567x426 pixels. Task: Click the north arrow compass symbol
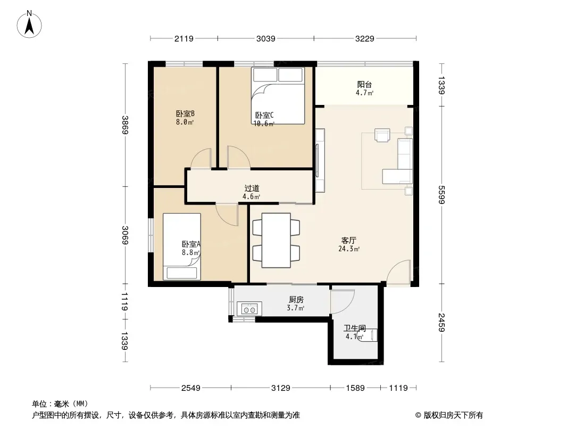pyautogui.click(x=29, y=24)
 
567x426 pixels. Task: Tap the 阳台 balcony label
pyautogui.click(x=364, y=84)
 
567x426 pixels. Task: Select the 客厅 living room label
pyautogui.click(x=348, y=240)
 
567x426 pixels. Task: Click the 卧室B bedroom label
pyautogui.click(x=185, y=113)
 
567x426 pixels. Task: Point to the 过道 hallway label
pyautogui.click(x=252, y=188)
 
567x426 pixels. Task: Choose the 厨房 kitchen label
pyautogui.click(x=296, y=300)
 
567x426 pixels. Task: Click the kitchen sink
pyautogui.click(x=249, y=309)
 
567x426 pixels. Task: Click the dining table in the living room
pyautogui.click(x=276, y=240)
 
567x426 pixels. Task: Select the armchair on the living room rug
pyautogui.click(x=382, y=135)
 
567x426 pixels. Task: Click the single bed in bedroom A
pyautogui.click(x=182, y=247)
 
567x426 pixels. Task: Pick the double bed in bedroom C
pyautogui.click(x=278, y=96)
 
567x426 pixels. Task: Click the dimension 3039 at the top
pyautogui.click(x=266, y=38)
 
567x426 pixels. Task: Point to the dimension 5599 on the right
pyautogui.click(x=441, y=195)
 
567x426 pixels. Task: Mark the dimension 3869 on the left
pyautogui.click(x=125, y=125)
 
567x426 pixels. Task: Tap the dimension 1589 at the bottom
pyautogui.click(x=355, y=388)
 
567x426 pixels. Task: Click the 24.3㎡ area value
pyautogui.click(x=348, y=249)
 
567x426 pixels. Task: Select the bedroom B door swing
pyautogui.click(x=201, y=159)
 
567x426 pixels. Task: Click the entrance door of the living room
pyautogui.click(x=399, y=272)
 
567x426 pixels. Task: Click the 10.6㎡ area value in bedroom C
pyautogui.click(x=264, y=124)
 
